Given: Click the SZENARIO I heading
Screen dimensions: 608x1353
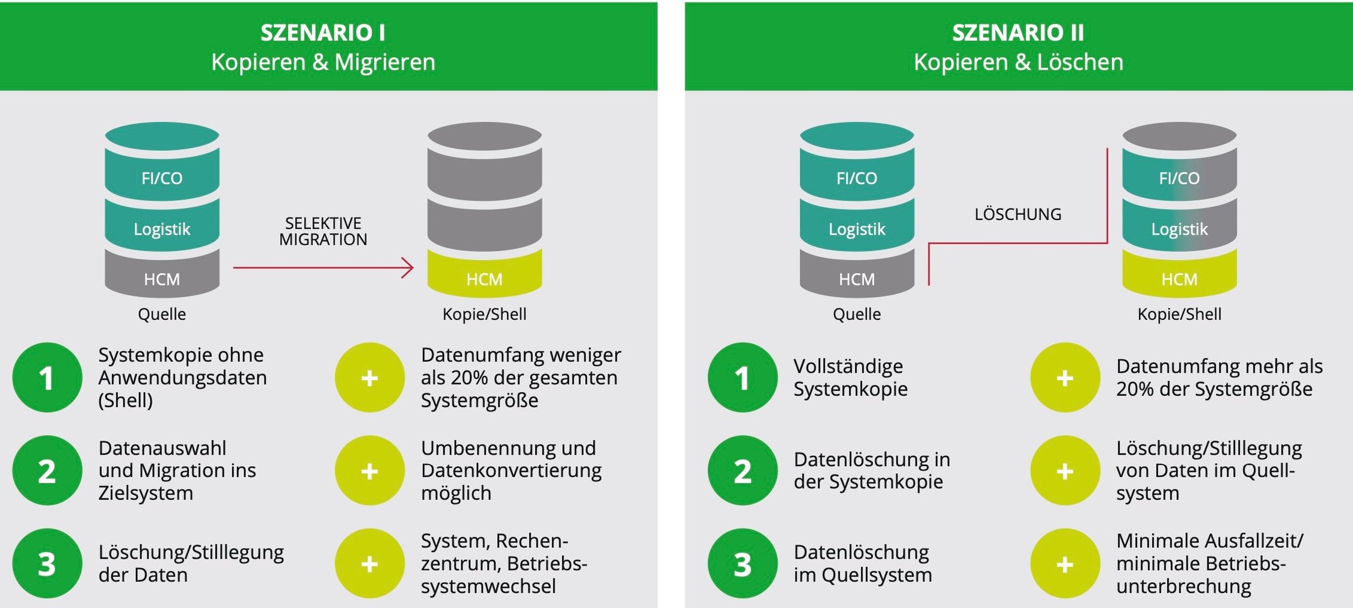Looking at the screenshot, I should (x=323, y=32).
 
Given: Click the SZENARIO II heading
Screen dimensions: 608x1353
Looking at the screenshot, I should (x=1018, y=32).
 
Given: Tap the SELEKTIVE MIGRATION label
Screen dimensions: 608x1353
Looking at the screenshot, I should (x=323, y=232).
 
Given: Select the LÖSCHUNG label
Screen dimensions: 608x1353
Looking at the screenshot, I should (x=1017, y=214).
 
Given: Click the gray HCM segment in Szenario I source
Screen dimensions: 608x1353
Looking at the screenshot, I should (x=162, y=278).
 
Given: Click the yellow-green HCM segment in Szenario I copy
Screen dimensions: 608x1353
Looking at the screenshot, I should (x=484, y=278).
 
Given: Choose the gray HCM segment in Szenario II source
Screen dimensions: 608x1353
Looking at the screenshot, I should (x=856, y=278).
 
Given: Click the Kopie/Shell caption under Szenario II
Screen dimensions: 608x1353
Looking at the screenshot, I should (x=1179, y=314).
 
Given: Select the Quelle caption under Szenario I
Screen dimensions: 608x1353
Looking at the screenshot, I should (x=162, y=314).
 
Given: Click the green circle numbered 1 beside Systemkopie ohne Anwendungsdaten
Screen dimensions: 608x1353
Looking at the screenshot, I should (x=47, y=378).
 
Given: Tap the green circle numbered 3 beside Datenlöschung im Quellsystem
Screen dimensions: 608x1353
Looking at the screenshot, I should (x=742, y=563).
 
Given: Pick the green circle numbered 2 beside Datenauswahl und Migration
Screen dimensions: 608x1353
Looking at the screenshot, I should (x=47, y=470).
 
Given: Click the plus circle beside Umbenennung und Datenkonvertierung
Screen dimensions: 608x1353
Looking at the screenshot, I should (x=369, y=470).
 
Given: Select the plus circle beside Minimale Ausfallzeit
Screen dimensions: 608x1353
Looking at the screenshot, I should (x=1064, y=563).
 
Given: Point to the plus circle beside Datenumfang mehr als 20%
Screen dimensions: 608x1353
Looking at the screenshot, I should (x=1064, y=378).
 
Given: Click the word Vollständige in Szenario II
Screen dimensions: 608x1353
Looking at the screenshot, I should (x=848, y=366).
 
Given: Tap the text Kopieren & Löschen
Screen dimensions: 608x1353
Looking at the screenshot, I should (x=1018, y=62).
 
